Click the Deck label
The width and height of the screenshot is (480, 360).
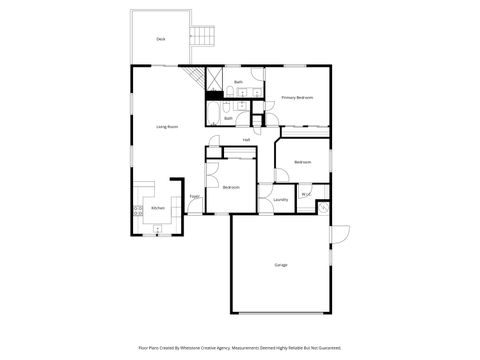[160, 39]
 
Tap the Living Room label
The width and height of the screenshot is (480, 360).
[166, 127]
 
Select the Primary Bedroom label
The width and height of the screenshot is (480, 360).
[297, 97]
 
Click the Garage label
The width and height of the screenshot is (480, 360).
[281, 265]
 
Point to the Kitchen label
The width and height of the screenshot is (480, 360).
[157, 208]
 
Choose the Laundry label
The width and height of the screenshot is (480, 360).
[280, 200]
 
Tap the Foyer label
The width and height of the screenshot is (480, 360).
[195, 196]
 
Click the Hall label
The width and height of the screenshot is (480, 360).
[246, 140]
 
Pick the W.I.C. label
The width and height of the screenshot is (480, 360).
[305, 194]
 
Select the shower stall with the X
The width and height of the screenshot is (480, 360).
[213, 78]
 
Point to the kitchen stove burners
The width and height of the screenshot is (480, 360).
[136, 209]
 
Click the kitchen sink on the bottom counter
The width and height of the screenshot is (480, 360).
[157, 229]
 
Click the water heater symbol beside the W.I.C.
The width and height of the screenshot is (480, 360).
[322, 207]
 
